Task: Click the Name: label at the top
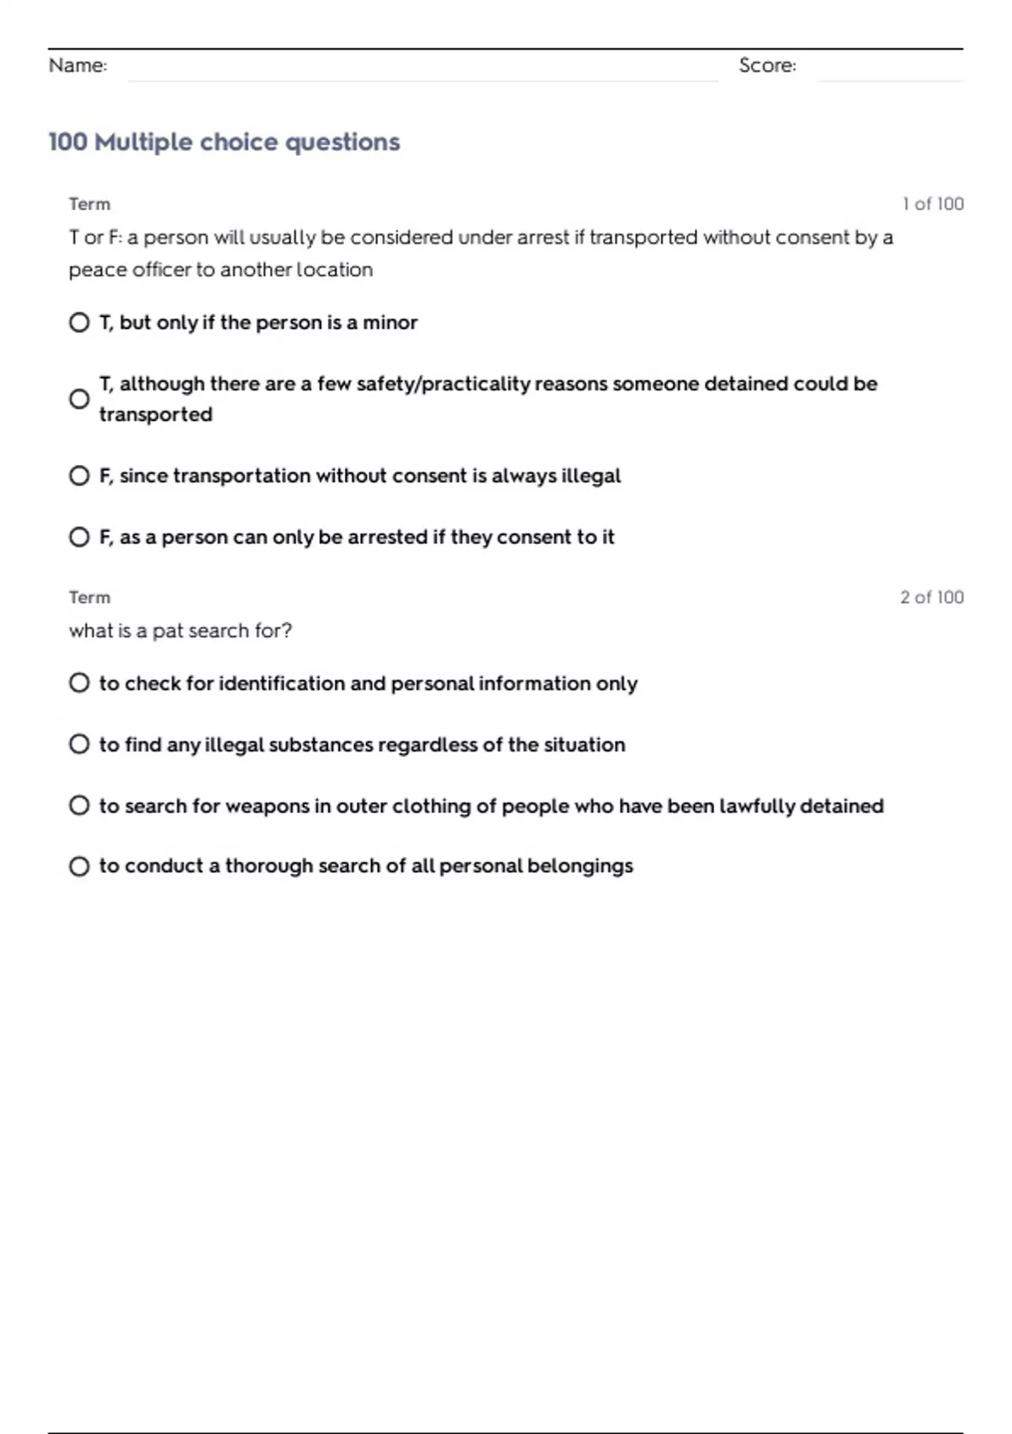[x=78, y=65]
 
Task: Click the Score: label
[x=767, y=65]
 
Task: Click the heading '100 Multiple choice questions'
[x=223, y=142]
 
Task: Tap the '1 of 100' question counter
[x=932, y=204]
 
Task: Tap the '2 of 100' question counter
[x=931, y=597]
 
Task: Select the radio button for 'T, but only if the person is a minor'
[x=79, y=322]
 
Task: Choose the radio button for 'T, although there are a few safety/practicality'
[x=79, y=399]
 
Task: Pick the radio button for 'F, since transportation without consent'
[x=79, y=476]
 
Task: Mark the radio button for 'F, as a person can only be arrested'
[x=79, y=536]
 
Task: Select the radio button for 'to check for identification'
[x=79, y=682]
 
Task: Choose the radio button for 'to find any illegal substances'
[x=79, y=744]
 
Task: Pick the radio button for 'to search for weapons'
[x=79, y=806]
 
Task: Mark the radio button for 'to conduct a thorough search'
[x=79, y=866]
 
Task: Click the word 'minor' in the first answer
[x=390, y=322]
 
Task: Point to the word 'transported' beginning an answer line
[x=155, y=414]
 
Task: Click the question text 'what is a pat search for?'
[x=180, y=631]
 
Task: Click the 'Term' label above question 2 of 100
[x=89, y=597]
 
